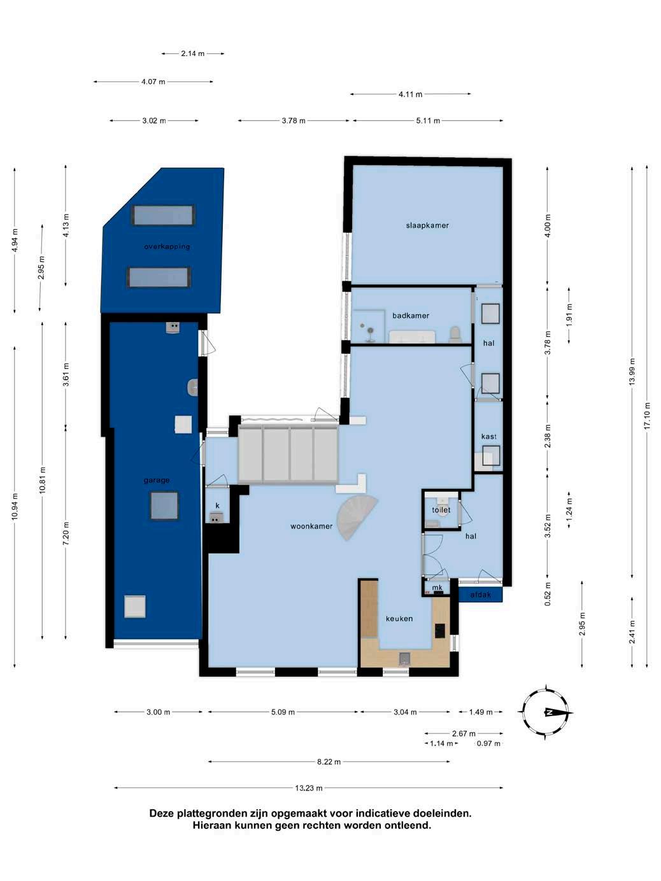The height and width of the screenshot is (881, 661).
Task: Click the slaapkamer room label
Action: (x=427, y=225)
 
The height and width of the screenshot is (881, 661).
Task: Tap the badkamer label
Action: (x=411, y=316)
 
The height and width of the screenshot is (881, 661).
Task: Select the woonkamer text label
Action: (x=311, y=526)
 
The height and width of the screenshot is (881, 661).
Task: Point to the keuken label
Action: (x=399, y=619)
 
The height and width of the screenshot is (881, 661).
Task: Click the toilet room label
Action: (x=441, y=510)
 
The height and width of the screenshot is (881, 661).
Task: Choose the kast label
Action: (x=489, y=436)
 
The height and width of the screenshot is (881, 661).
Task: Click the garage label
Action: (x=157, y=480)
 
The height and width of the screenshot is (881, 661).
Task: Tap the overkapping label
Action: (x=167, y=246)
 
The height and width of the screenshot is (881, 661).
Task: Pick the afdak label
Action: (x=480, y=595)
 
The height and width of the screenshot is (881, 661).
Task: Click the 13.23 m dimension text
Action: (x=309, y=788)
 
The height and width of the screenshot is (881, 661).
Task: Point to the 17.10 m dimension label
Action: (x=646, y=416)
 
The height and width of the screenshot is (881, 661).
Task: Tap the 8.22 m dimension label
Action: (x=329, y=762)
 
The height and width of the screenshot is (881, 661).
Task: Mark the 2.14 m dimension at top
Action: (x=193, y=53)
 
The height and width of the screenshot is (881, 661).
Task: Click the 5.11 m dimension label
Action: (x=428, y=120)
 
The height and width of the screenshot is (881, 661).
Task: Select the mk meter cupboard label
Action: (x=437, y=587)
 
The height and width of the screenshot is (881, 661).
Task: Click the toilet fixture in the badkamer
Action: (x=455, y=334)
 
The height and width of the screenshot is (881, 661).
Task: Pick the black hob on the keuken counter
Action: (x=440, y=630)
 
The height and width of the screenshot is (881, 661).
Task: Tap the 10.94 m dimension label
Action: (x=15, y=506)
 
